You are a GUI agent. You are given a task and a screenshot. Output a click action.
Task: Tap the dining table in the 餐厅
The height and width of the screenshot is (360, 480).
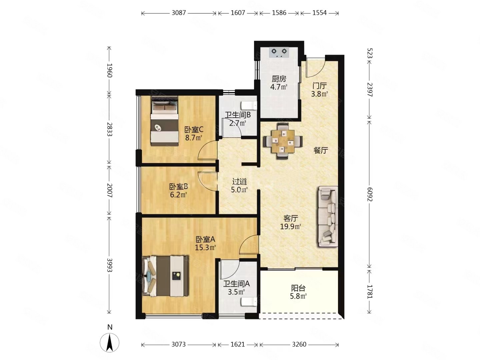pyautogui.click(x=283, y=141)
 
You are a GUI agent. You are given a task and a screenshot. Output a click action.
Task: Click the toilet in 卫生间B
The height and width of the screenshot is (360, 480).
pyautogui.click(x=249, y=105)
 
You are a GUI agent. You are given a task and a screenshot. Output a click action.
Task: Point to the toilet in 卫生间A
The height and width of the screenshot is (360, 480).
pyautogui.click(x=249, y=302)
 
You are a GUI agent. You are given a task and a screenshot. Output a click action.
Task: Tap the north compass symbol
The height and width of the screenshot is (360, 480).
pyautogui.click(x=110, y=342)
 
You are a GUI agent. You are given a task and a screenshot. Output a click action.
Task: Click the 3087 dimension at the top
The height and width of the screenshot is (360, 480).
pyautogui.click(x=179, y=13)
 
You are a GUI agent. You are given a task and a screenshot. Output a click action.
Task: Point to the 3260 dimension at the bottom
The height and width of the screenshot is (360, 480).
pyautogui.click(x=299, y=344)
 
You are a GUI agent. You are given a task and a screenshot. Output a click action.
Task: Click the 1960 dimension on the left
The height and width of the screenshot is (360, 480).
pyautogui.click(x=109, y=70)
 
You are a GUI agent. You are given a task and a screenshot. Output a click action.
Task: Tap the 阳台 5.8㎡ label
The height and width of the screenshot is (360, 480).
pyautogui.click(x=298, y=292)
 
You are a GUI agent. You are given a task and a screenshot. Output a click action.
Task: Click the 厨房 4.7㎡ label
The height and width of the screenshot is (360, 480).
pyautogui.click(x=279, y=83)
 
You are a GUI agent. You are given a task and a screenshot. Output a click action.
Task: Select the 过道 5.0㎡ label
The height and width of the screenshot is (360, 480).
pyautogui.click(x=239, y=185)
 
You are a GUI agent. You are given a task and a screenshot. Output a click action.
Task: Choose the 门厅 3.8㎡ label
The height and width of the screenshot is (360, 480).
pyautogui.click(x=319, y=90)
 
